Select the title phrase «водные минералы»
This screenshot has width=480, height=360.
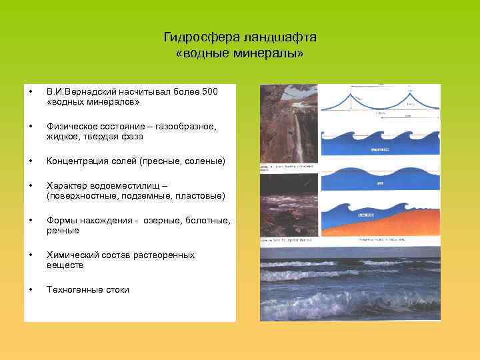[x=240, y=52]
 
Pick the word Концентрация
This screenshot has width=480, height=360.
[x=76, y=161]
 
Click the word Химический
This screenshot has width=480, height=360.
[x=71, y=255]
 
